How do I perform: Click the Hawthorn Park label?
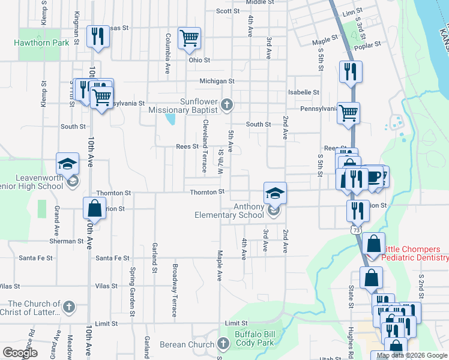42,43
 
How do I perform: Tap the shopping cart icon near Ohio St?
189,38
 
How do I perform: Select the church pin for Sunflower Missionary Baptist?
226,106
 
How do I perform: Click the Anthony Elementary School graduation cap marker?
275,194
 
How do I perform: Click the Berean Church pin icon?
223,344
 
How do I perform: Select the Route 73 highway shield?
357,230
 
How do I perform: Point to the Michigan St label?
217,81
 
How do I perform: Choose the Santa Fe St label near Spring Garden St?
112,258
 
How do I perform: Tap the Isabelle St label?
303,92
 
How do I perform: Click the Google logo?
20,353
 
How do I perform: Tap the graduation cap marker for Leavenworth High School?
68,164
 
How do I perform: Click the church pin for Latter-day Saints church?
69,308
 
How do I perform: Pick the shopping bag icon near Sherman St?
94,209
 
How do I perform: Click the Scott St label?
228,11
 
